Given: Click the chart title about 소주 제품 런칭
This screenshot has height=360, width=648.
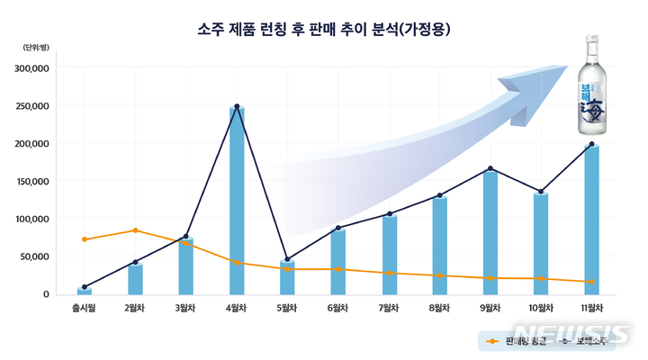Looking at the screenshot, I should click(323, 30).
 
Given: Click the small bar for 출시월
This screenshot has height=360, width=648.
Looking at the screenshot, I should click(85, 291).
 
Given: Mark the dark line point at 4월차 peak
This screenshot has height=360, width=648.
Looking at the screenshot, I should click(237, 106).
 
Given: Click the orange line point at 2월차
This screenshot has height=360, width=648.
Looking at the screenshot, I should click(135, 230).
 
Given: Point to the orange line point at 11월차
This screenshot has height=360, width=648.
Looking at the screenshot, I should click(591, 282).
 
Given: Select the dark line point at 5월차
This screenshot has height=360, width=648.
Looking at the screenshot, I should click(287, 260).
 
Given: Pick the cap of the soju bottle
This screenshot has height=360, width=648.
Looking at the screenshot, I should click(592, 40).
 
